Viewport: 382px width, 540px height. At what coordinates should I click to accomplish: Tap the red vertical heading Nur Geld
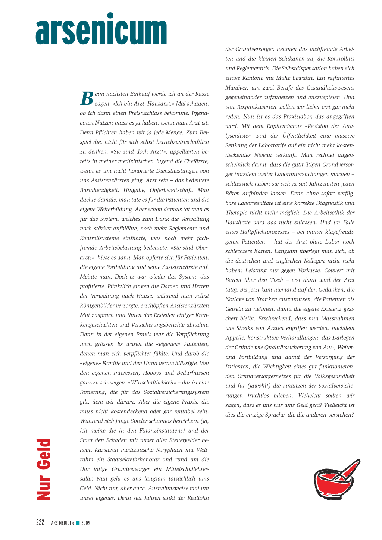coord(43,470)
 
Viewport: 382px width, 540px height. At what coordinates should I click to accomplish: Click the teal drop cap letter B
coord(87,98)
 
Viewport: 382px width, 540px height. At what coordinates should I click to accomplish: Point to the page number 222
coord(40,523)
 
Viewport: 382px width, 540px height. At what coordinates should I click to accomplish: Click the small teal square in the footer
coord(78,523)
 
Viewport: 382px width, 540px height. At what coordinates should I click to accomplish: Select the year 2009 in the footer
coord(86,523)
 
